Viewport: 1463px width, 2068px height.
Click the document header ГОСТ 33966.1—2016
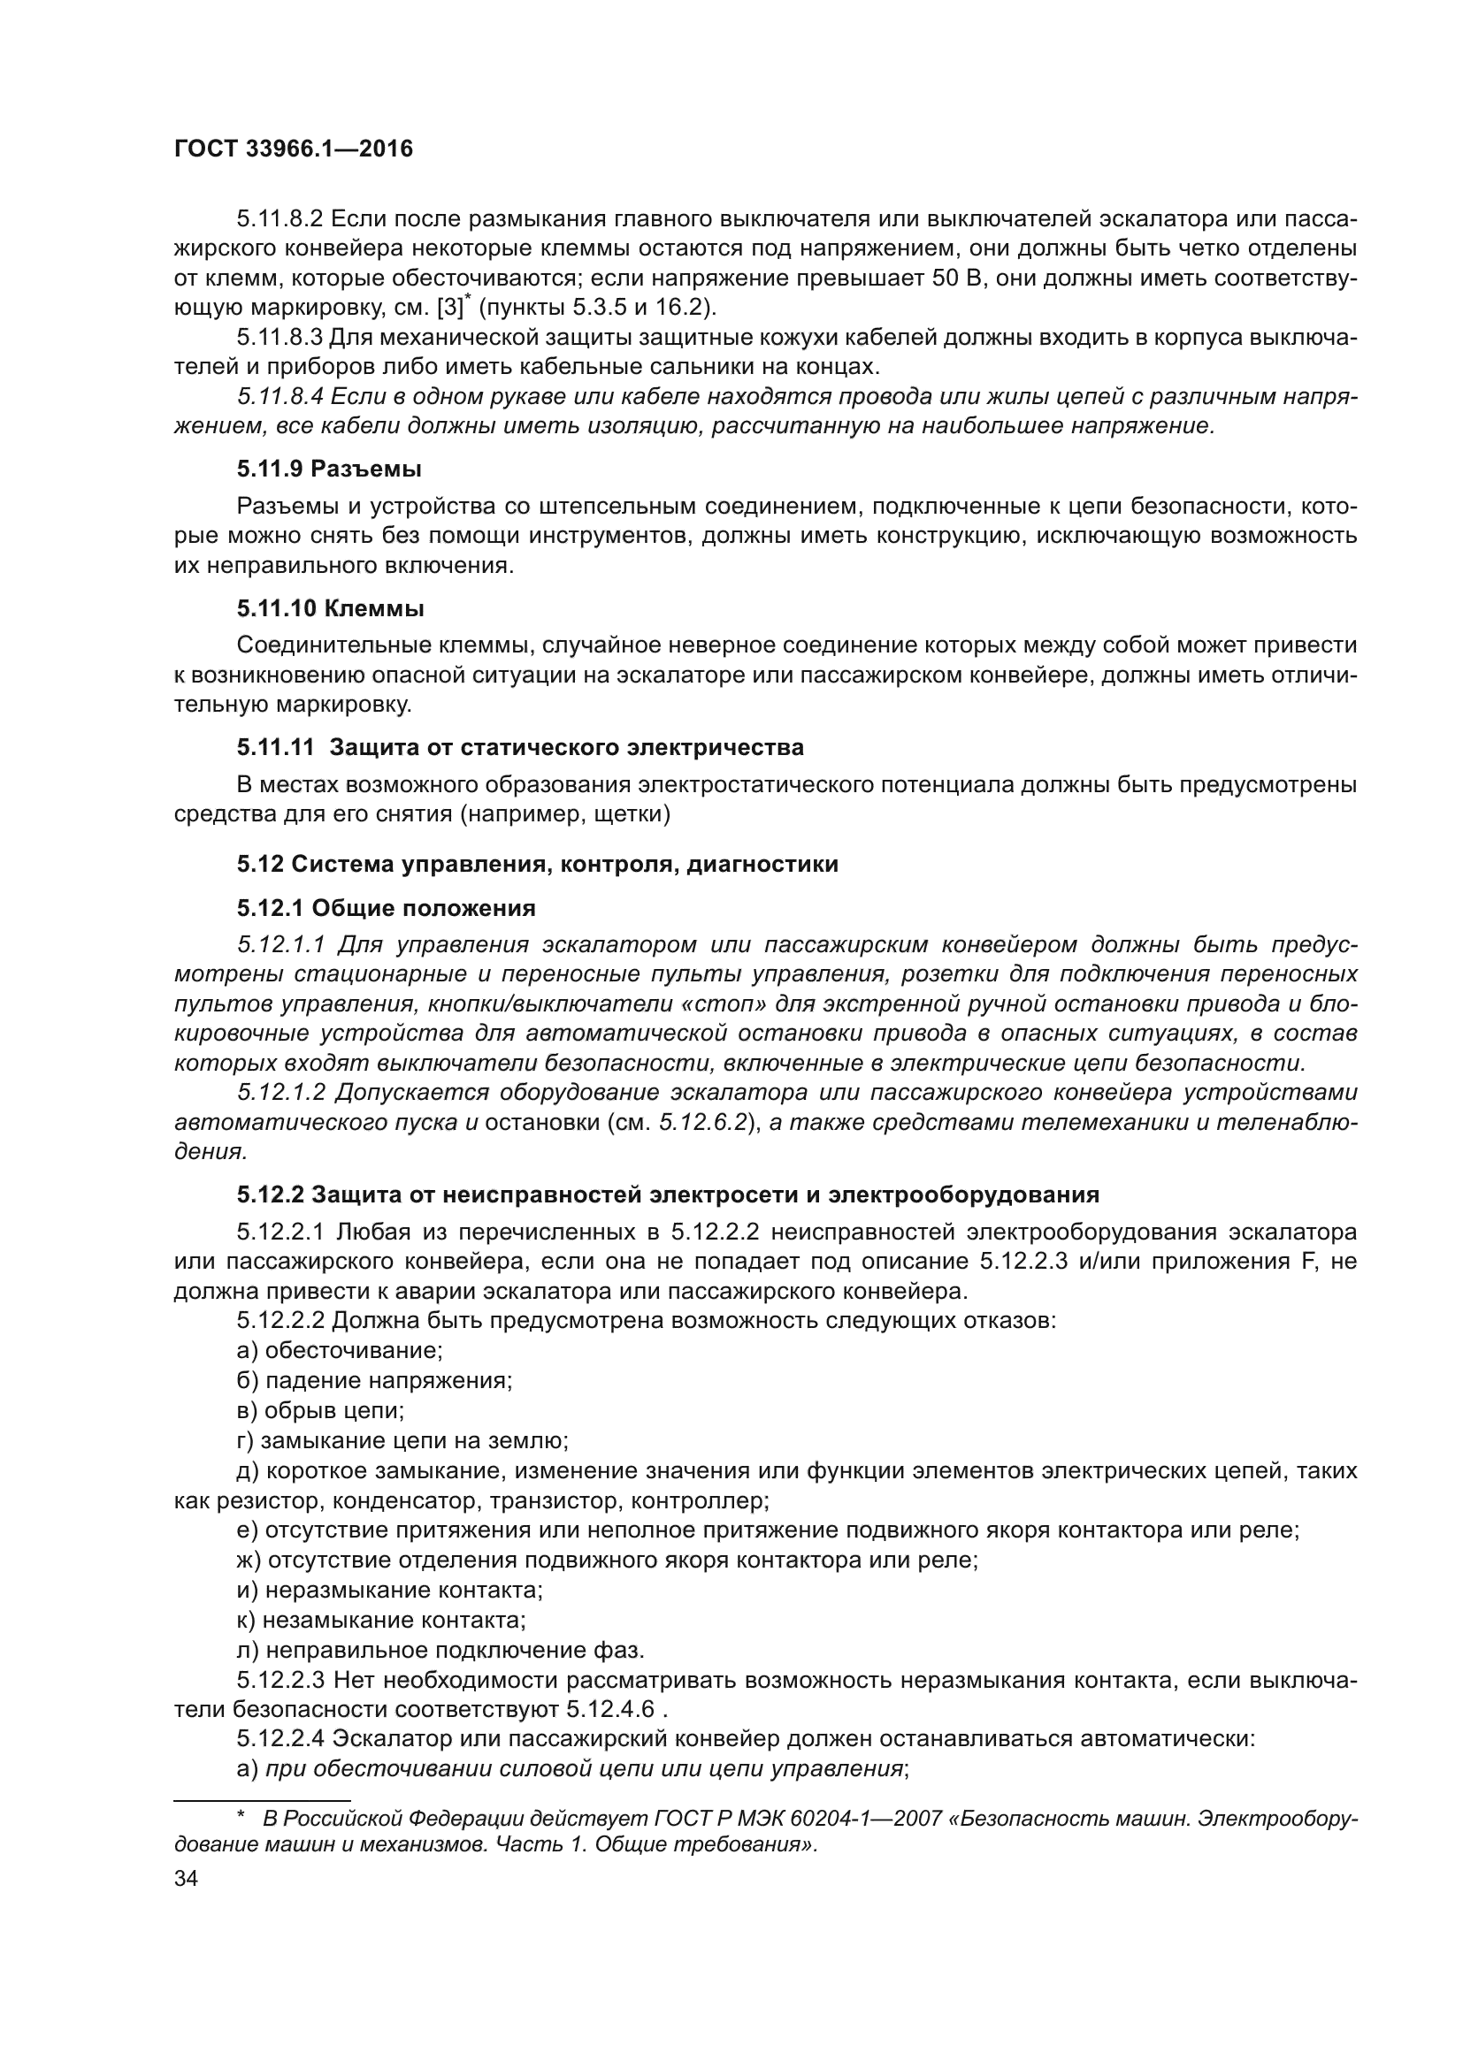[x=293, y=149]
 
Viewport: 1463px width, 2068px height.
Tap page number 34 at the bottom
[x=186, y=1879]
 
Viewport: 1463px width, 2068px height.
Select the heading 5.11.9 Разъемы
[x=330, y=469]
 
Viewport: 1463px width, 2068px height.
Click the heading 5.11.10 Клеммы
[x=331, y=609]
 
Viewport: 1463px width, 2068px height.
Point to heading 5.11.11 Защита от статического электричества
[x=520, y=748]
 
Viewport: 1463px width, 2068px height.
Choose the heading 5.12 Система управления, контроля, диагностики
[x=538, y=865]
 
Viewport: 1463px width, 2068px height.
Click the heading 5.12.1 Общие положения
[x=387, y=908]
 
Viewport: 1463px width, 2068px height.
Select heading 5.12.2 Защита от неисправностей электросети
[x=668, y=1195]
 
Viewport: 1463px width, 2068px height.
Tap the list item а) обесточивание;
[x=339, y=1351]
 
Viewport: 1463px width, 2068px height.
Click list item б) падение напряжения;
[x=374, y=1381]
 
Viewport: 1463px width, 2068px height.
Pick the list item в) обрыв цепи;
[x=320, y=1410]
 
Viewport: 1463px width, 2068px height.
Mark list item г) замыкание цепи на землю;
[x=402, y=1441]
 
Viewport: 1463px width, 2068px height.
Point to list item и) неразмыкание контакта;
[x=389, y=1591]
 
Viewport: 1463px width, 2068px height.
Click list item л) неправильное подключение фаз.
[x=440, y=1651]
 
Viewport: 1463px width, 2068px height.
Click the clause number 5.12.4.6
[x=610, y=1711]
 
